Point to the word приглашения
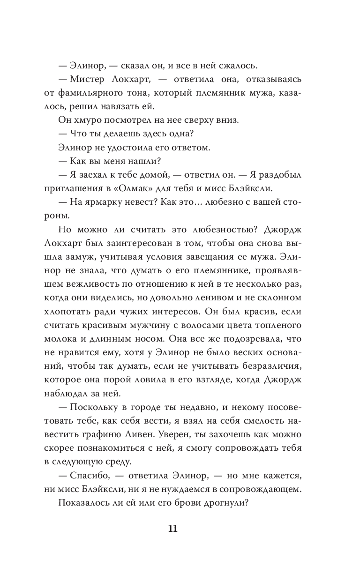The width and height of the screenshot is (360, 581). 80,189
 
